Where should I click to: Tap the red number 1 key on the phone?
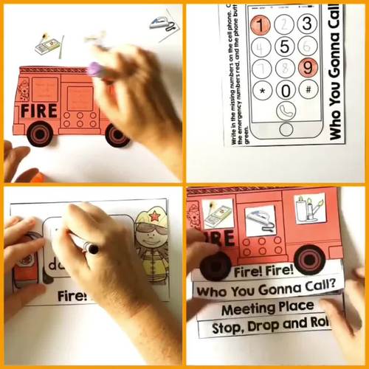pos(260,24)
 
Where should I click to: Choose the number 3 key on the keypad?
pos(307,23)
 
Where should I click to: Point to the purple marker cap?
pos(95,69)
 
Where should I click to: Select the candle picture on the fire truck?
pos(310,209)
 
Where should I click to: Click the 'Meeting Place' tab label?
pos(267,306)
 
